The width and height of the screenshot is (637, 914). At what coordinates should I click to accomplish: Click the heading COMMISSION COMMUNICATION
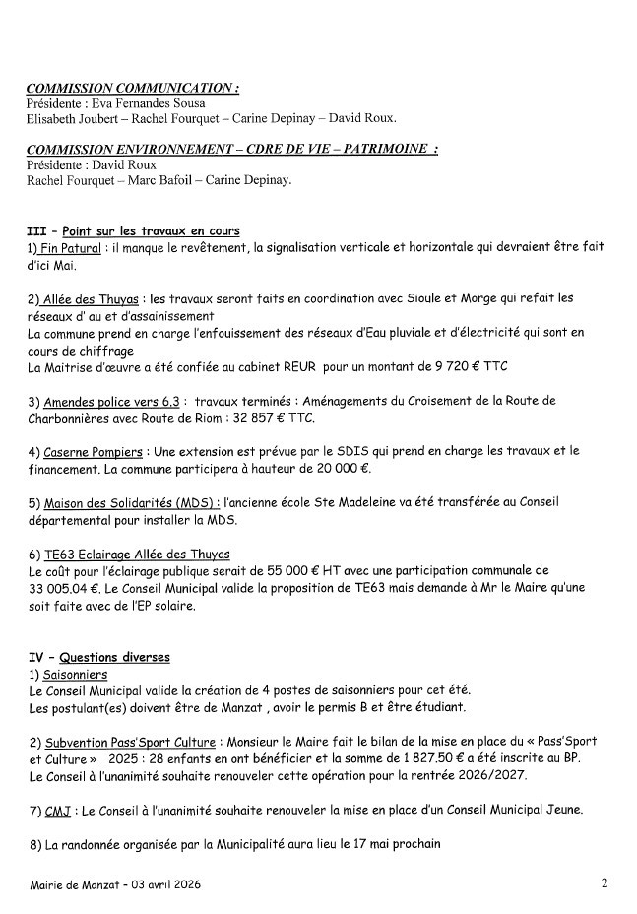(x=132, y=88)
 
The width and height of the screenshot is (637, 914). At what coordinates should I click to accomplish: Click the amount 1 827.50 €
(x=393, y=759)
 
